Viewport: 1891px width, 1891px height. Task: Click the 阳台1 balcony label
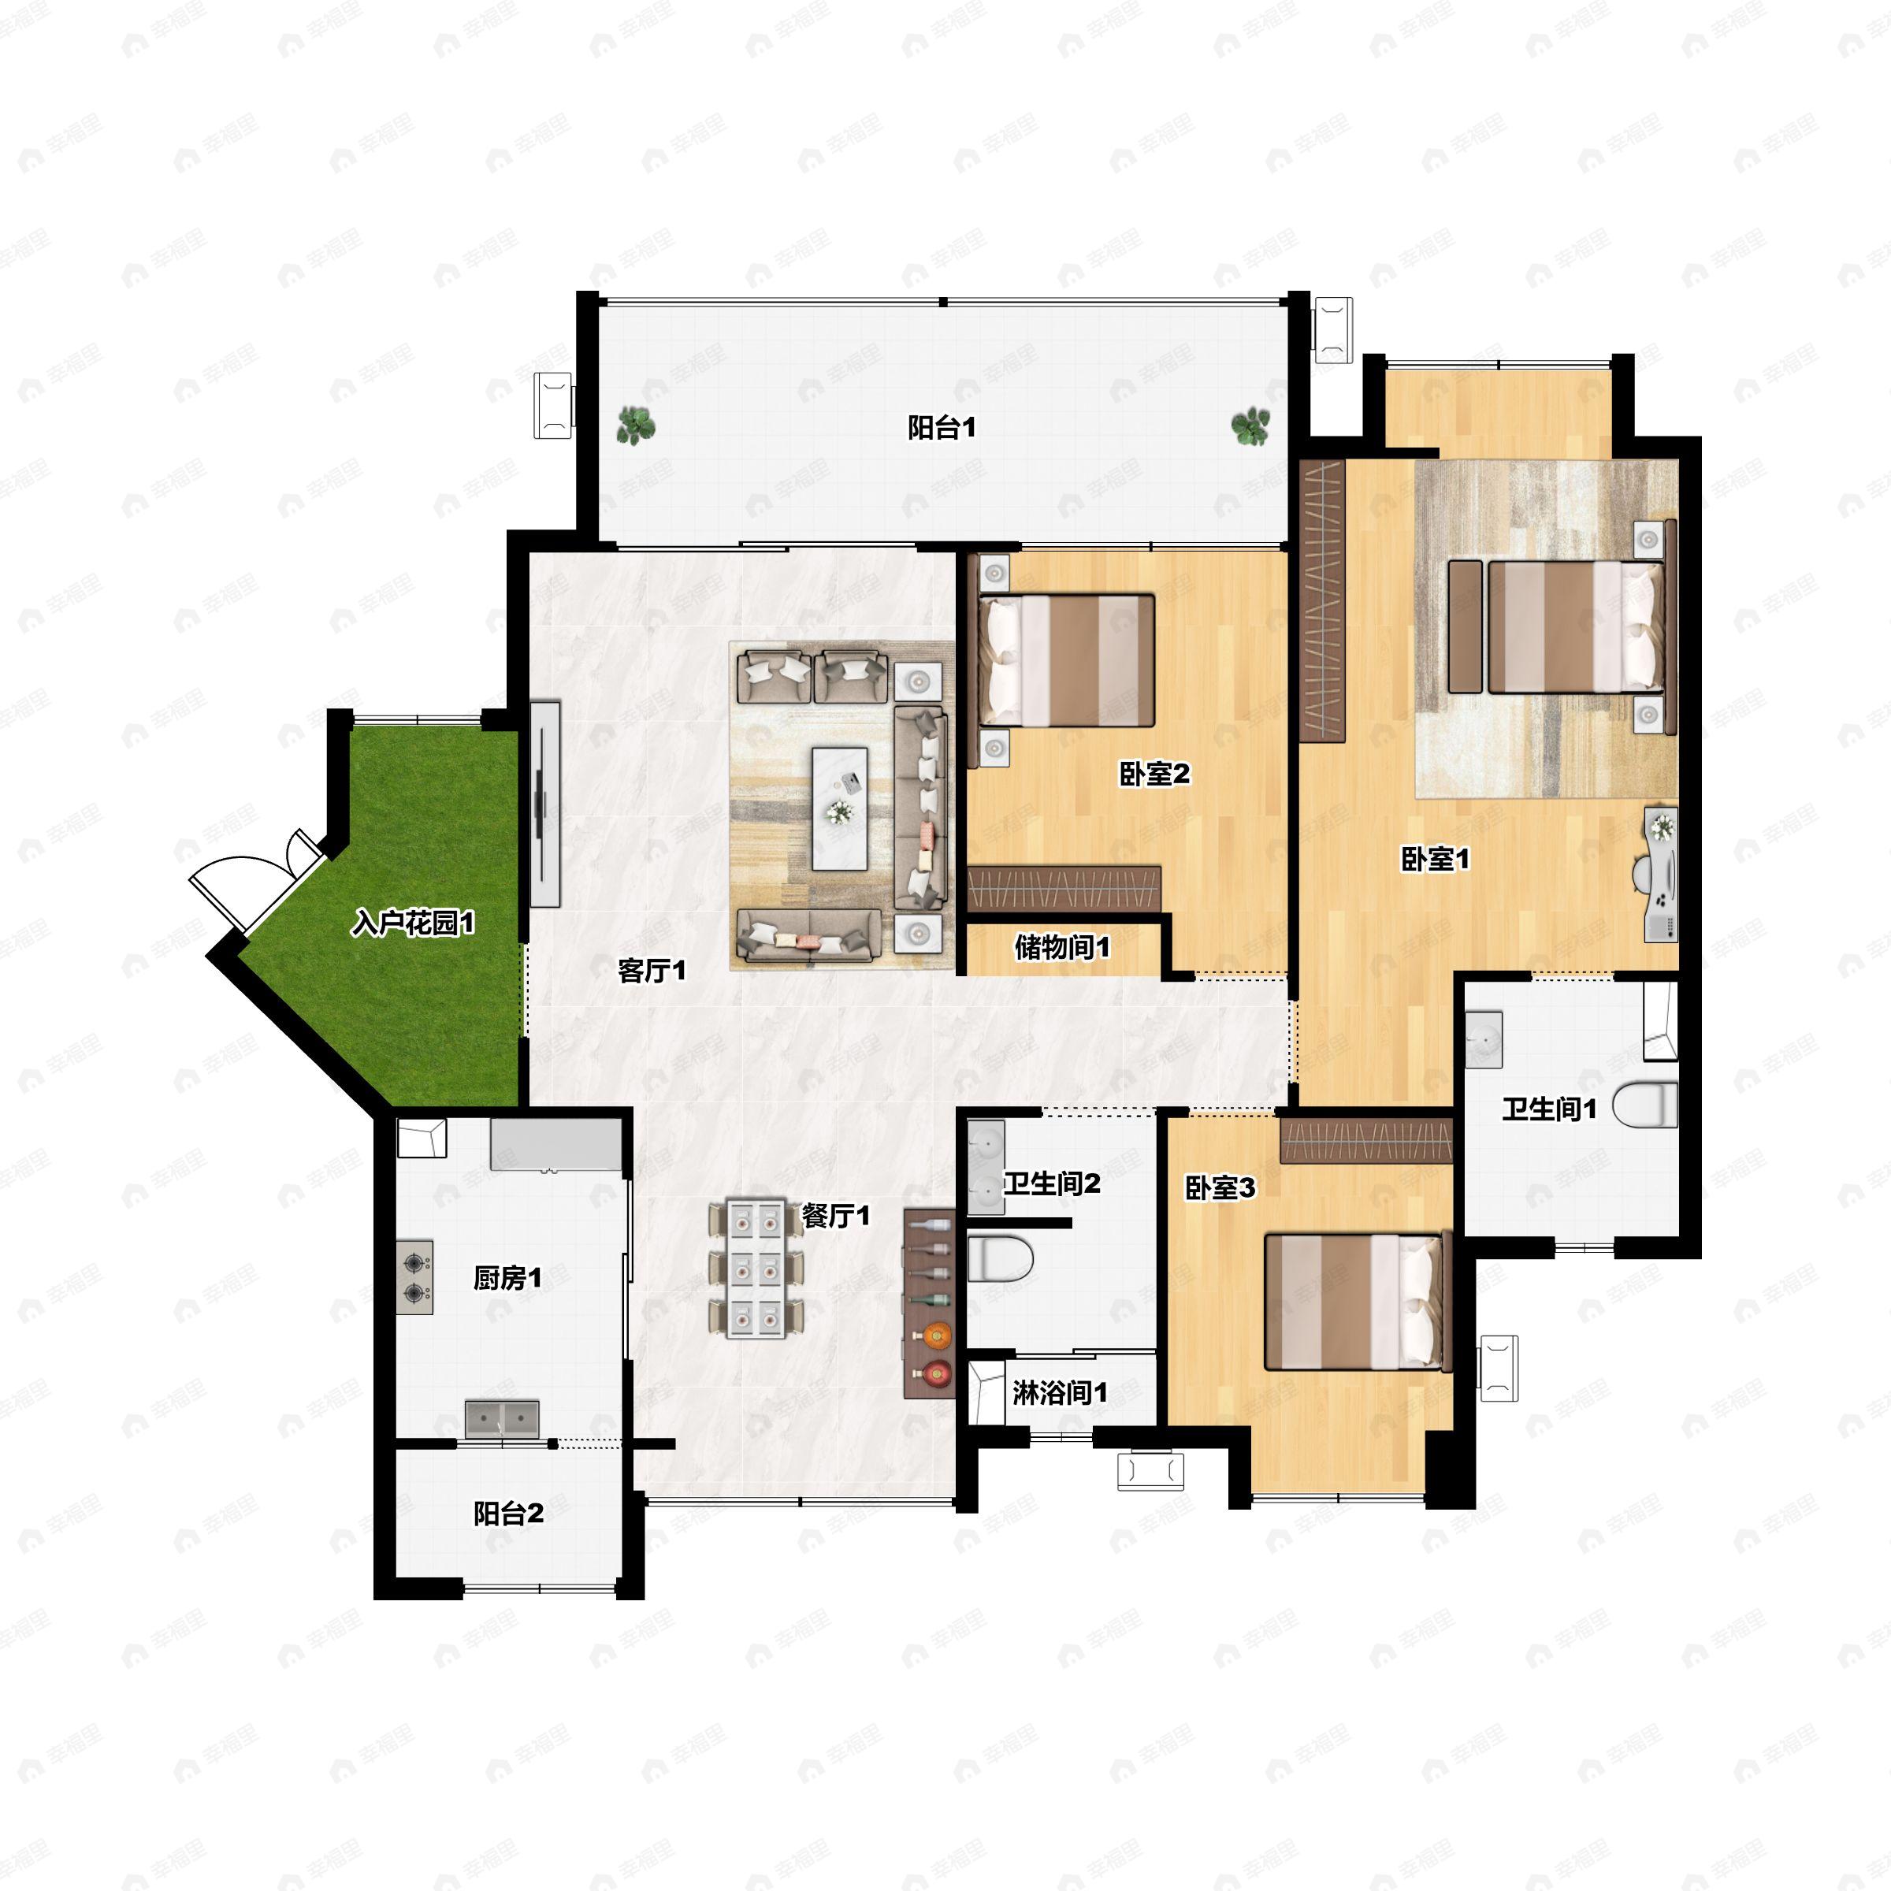(942, 428)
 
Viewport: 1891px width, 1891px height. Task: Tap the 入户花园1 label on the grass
(413, 922)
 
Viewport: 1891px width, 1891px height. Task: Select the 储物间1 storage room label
(1062, 946)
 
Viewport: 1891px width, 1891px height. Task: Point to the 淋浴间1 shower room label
(1060, 1393)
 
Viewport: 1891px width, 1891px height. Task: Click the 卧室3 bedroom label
(1220, 1188)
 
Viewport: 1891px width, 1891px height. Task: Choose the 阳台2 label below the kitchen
(508, 1513)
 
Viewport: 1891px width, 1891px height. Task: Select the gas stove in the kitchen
(415, 1277)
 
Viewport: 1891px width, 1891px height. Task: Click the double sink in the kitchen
(502, 1418)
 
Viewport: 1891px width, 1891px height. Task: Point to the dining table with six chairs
(756, 1269)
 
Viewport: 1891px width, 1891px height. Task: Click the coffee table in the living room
(840, 808)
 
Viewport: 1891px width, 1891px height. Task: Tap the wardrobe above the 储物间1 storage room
(1063, 889)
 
